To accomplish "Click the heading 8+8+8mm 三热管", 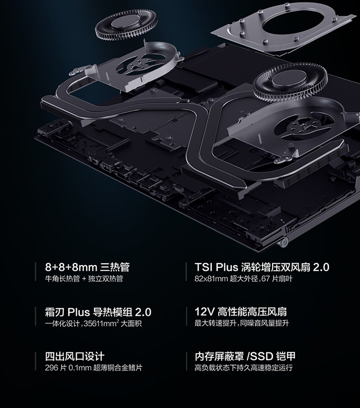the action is (87, 267).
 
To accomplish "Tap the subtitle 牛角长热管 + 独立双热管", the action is (84, 279).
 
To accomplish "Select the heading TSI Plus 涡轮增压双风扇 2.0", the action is (262, 267).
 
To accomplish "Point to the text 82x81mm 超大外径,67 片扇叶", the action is (243, 279).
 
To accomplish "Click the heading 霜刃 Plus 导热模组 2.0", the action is (98, 312).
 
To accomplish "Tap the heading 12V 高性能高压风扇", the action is (240, 312).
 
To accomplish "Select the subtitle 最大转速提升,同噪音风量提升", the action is (242, 323).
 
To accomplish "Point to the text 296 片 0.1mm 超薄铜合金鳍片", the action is (94, 368).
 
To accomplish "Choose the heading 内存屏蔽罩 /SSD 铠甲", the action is (245, 356).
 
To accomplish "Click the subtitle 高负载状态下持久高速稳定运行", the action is (243, 368).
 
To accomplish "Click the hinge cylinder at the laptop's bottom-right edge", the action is (285, 242).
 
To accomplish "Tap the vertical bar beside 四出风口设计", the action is (36, 361).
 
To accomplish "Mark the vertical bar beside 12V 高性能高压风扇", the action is (187, 316).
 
